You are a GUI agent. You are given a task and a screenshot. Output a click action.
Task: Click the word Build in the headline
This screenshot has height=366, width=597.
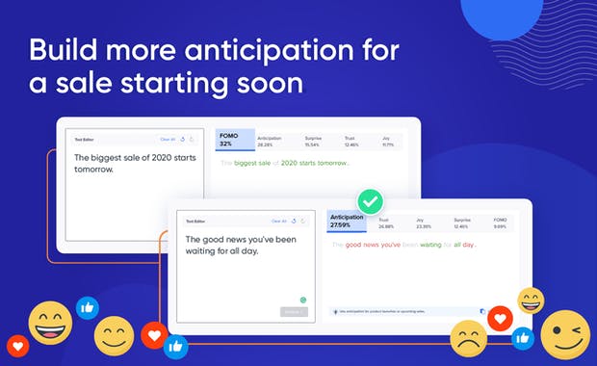(65, 50)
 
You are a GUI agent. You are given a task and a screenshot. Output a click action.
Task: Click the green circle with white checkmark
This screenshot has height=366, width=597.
(370, 202)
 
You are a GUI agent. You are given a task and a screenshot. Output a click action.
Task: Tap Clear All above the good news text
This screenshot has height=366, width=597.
(278, 221)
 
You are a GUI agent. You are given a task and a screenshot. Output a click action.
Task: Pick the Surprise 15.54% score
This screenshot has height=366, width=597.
(312, 141)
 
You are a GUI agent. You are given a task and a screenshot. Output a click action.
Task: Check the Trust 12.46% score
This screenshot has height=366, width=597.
(352, 141)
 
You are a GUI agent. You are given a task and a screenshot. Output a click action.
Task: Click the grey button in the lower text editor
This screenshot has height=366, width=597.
(293, 311)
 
